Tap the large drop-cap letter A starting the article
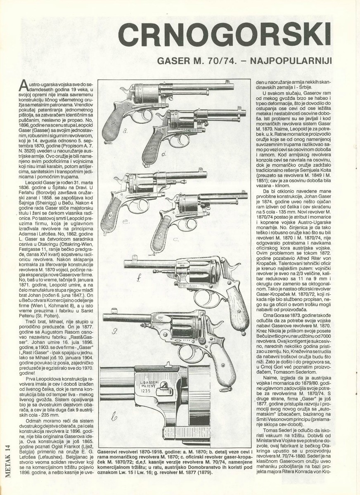pos(23,86)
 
